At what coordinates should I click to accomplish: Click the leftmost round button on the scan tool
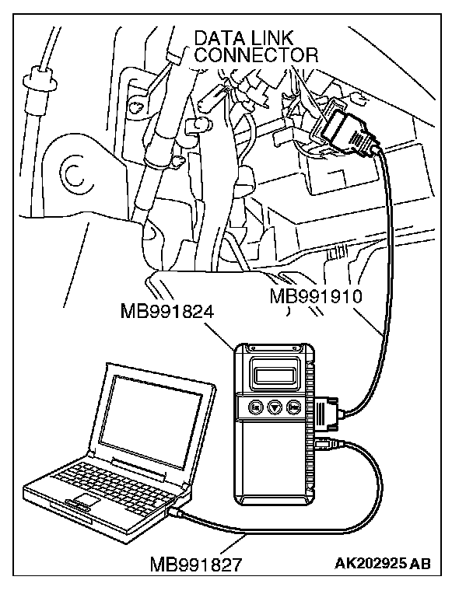tap(255, 407)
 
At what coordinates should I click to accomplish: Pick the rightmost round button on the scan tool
tap(295, 407)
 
